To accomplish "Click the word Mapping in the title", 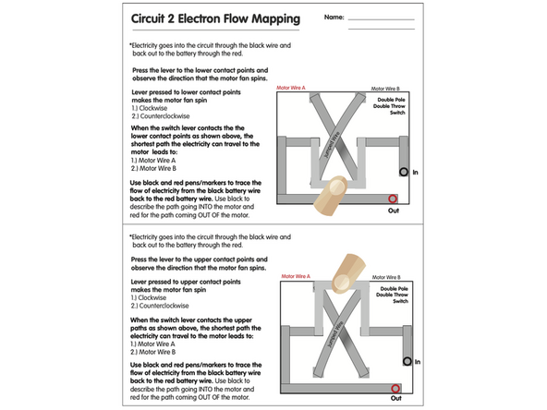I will pos(276,18).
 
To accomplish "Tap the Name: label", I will pos(333,17).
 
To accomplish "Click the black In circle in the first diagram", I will pos(404,172).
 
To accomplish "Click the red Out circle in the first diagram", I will pos(393,198).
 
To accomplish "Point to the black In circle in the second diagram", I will pos(404,362).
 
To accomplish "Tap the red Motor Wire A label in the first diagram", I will pos(292,88).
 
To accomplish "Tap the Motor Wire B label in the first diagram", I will pos(385,89).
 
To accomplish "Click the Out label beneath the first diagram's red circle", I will pos(393,211).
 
